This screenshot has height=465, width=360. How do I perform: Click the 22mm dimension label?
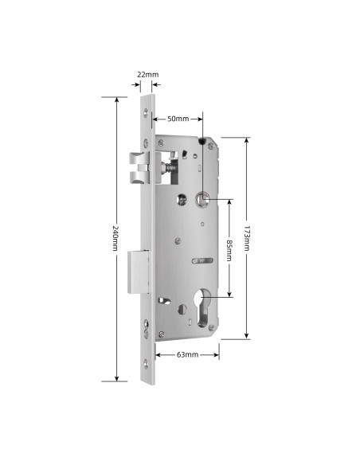(147, 74)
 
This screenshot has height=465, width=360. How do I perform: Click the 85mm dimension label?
(229, 249)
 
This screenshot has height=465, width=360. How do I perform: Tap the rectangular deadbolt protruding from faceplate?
(137, 270)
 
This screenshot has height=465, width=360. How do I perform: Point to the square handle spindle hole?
(203, 200)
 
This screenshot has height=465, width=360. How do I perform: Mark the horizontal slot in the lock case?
(203, 260)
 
